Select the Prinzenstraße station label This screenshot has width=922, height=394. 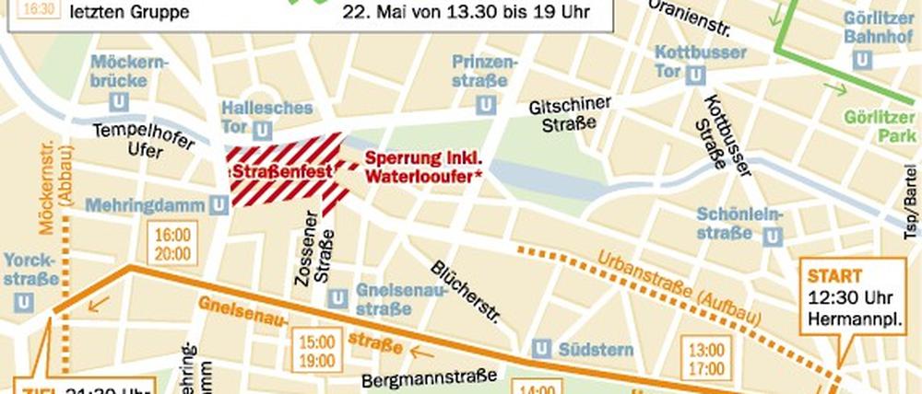coord(482,71)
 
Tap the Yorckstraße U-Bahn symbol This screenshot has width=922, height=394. coord(25,301)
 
